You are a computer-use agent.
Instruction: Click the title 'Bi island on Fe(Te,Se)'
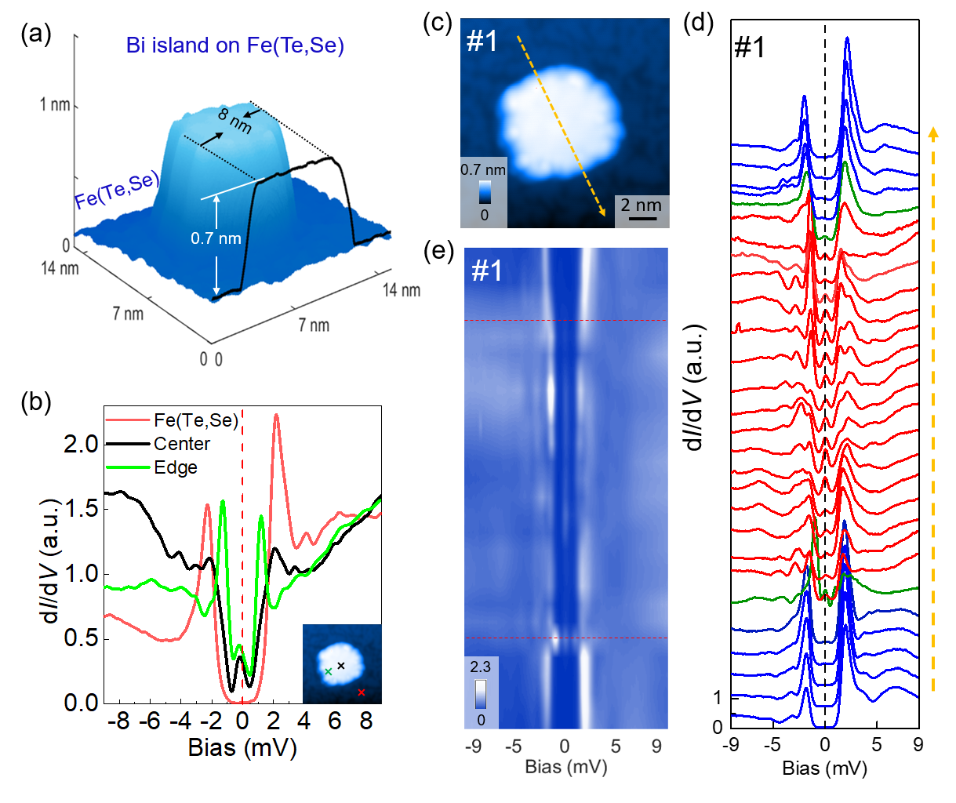click(234, 45)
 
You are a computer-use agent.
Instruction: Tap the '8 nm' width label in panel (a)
click(234, 121)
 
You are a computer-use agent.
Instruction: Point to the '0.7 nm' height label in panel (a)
click(216, 238)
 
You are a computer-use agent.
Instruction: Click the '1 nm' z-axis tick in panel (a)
click(55, 104)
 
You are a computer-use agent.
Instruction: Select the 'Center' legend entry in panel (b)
click(182, 444)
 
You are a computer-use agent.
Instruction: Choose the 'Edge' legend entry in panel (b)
click(176, 467)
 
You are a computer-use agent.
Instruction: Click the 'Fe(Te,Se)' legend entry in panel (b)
click(195, 421)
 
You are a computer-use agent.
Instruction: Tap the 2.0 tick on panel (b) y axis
click(81, 444)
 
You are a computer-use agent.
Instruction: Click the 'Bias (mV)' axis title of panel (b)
click(242, 747)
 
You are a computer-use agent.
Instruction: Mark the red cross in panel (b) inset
click(361, 692)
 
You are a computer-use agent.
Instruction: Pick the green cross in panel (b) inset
click(328, 672)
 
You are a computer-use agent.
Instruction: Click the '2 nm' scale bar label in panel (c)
click(641, 205)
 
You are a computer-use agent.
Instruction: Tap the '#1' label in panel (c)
click(482, 41)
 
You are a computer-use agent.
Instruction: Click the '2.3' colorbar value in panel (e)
click(480, 667)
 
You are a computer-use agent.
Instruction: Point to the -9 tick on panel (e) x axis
click(473, 747)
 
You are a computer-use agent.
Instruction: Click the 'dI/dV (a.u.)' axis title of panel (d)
click(695, 386)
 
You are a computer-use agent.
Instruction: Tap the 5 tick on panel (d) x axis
click(877, 743)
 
